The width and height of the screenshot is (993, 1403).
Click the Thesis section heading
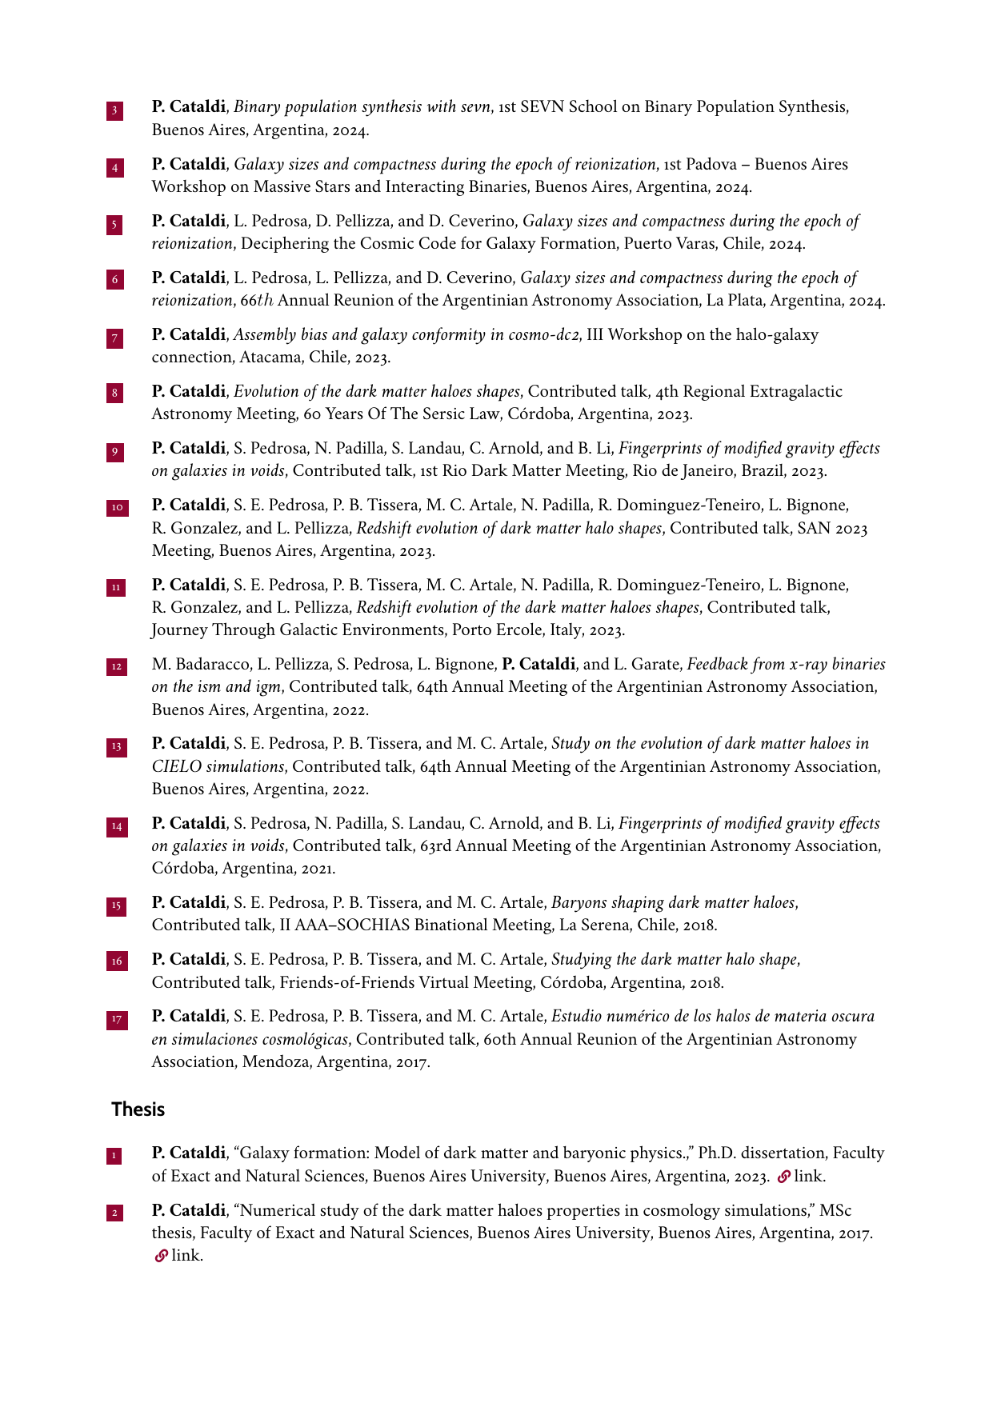click(x=138, y=1109)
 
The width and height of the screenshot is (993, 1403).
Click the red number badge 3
click(x=114, y=110)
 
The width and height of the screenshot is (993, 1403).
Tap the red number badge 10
click(x=117, y=508)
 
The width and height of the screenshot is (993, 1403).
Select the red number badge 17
click(x=117, y=1019)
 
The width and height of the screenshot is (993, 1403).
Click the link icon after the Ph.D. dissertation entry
click(x=784, y=1176)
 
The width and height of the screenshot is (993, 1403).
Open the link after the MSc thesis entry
click(x=162, y=1256)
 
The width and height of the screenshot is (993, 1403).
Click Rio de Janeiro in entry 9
click(x=683, y=471)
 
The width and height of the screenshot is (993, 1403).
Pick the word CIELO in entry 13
click(x=177, y=766)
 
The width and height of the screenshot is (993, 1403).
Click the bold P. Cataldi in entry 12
click(x=539, y=664)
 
